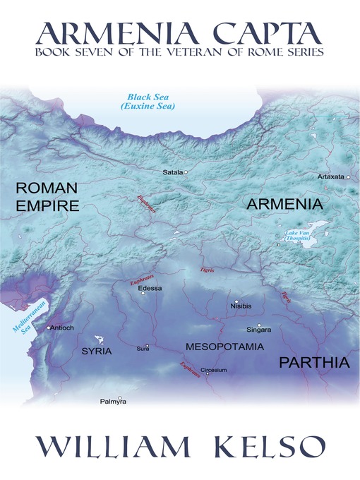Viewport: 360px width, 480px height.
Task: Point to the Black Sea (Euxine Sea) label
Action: pyautogui.click(x=150, y=102)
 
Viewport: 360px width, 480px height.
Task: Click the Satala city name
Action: pyautogui.click(x=172, y=172)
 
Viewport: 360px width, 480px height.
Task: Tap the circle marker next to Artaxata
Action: pyautogui.click(x=349, y=177)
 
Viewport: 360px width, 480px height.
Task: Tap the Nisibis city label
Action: pyautogui.click(x=241, y=306)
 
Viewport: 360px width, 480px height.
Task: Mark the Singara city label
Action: pyautogui.click(x=258, y=329)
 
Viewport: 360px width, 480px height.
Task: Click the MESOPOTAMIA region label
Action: pyautogui.click(x=224, y=347)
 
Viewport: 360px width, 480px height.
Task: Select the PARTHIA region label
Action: pyautogui.click(x=314, y=363)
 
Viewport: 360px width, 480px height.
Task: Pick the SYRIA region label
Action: pyautogui.click(x=97, y=350)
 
